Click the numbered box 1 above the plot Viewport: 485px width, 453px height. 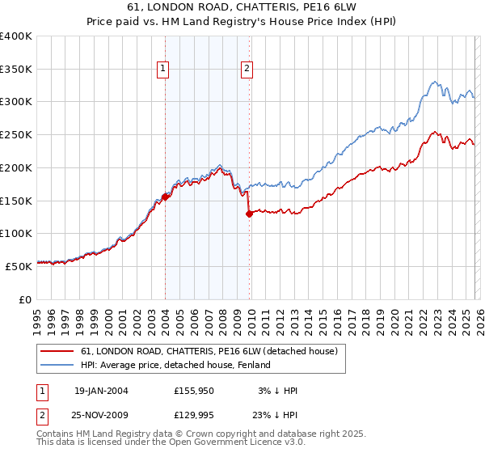click(163, 70)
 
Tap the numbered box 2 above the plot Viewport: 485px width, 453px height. click(246, 70)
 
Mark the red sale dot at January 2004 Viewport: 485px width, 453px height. click(165, 196)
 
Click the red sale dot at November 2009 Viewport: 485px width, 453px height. click(248, 214)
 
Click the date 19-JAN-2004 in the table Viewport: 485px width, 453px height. click(101, 391)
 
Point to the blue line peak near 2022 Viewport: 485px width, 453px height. click(435, 81)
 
